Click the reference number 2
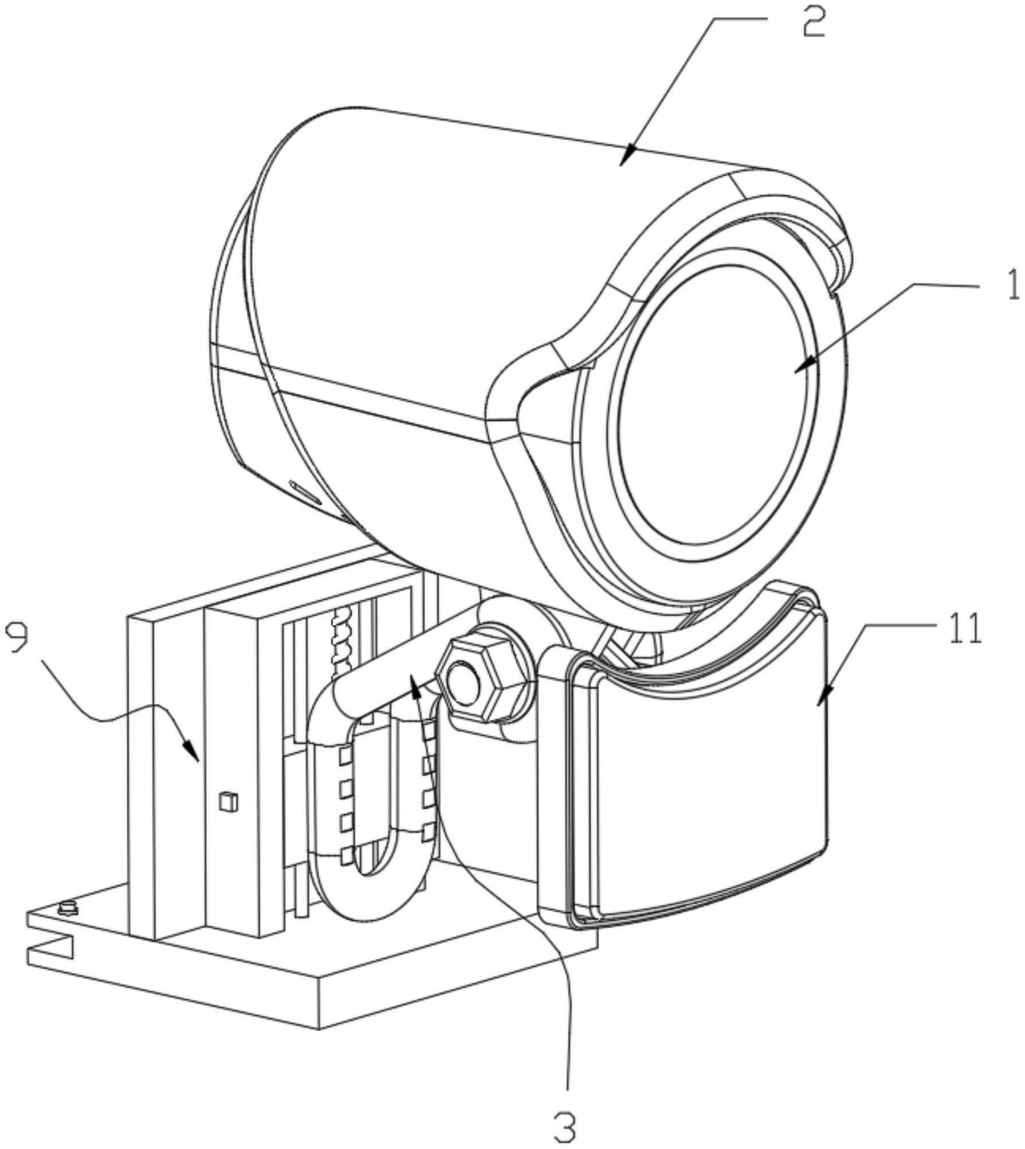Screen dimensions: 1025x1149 point(814,21)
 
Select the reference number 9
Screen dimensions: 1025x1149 point(17,638)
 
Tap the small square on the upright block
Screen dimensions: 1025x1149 point(228,801)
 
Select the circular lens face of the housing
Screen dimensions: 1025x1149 point(718,406)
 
